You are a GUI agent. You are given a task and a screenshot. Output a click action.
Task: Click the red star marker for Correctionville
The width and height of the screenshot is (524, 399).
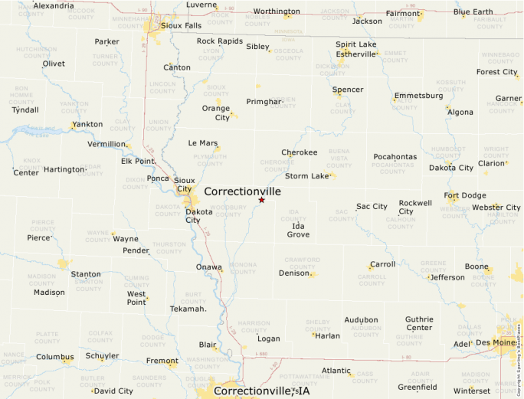[x=261, y=200]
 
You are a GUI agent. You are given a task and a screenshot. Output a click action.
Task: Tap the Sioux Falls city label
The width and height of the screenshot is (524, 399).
[x=181, y=25]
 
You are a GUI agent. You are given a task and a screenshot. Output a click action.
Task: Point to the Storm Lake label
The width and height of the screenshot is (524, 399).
[x=306, y=176]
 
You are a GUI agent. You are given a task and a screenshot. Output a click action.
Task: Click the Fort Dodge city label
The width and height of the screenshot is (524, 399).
[x=465, y=195]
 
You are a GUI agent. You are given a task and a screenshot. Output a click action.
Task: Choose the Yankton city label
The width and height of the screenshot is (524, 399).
[x=87, y=124]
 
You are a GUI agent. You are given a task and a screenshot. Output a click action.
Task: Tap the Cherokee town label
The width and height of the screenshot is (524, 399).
[x=299, y=152]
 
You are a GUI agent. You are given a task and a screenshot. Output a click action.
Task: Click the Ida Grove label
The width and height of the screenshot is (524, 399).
[x=298, y=230]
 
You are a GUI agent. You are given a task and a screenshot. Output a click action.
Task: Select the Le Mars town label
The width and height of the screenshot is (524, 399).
[x=203, y=143]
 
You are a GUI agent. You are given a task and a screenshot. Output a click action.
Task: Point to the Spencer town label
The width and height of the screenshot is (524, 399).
[x=348, y=90]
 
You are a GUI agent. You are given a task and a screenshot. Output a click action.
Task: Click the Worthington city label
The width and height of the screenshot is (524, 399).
[x=277, y=11]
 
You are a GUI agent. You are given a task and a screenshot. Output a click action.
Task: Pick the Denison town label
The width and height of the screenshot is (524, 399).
[x=294, y=273]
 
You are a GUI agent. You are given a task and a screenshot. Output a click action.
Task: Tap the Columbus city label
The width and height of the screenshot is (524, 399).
[x=54, y=357]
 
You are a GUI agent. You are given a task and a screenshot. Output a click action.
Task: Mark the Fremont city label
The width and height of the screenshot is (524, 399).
[x=162, y=361]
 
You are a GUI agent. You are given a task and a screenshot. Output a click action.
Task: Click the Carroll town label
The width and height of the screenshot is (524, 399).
[x=382, y=264]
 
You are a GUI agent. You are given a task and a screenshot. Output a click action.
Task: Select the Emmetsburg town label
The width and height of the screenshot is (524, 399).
[x=418, y=96]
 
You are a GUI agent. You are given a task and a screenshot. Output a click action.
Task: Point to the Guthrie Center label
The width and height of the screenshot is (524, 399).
[x=419, y=323]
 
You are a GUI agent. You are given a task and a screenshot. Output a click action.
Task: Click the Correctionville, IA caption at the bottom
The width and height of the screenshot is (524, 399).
[x=261, y=391]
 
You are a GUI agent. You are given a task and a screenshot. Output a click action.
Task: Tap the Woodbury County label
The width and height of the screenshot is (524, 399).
[x=228, y=210]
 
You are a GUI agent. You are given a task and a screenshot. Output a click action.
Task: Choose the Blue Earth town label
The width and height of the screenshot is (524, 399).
[x=473, y=12]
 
